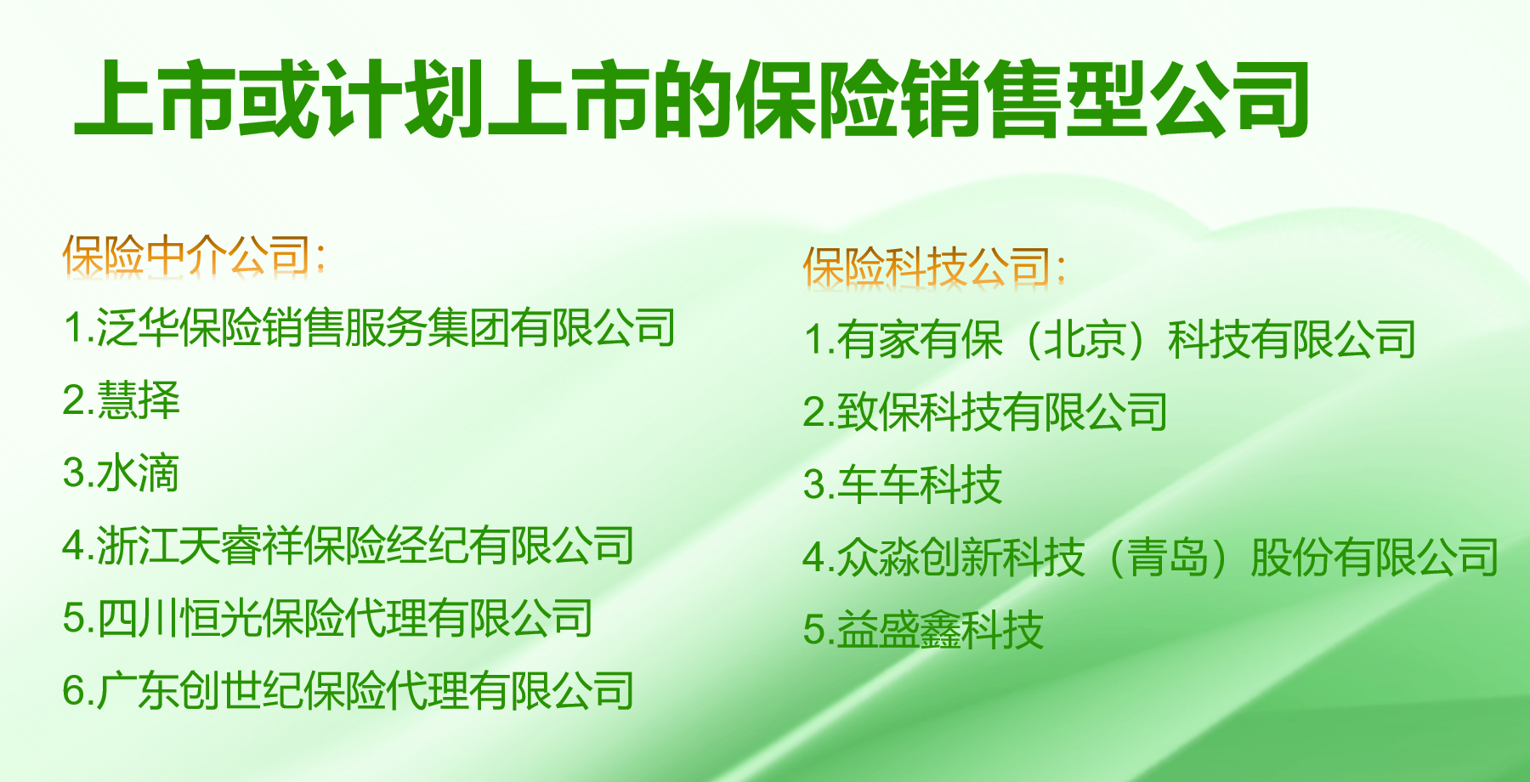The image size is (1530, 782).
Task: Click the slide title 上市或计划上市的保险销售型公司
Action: point(692,99)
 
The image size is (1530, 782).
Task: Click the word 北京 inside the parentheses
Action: point(1085,339)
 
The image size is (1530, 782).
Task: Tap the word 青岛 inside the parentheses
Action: point(1167,558)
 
